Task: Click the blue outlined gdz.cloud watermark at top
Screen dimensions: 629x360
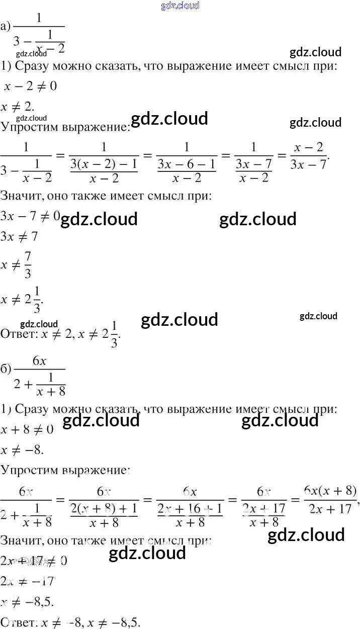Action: point(180,6)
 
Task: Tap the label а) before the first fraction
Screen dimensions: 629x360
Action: point(6,27)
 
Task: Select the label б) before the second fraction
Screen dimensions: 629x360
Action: point(6,369)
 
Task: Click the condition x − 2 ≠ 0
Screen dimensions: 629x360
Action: point(30,86)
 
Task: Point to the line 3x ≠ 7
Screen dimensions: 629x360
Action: point(20,236)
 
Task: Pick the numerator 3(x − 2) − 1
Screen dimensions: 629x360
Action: point(103,164)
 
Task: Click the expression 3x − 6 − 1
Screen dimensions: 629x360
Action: point(187,164)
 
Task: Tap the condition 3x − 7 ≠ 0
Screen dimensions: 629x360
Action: point(30,216)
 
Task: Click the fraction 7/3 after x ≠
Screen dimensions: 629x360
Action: point(28,264)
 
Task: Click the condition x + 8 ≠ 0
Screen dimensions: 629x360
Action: point(28,429)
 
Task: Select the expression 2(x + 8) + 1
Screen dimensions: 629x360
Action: point(103,508)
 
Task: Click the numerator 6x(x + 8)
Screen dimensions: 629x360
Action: point(330,490)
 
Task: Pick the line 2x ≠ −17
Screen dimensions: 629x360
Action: point(27,581)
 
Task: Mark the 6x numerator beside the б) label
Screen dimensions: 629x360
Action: point(40,360)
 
